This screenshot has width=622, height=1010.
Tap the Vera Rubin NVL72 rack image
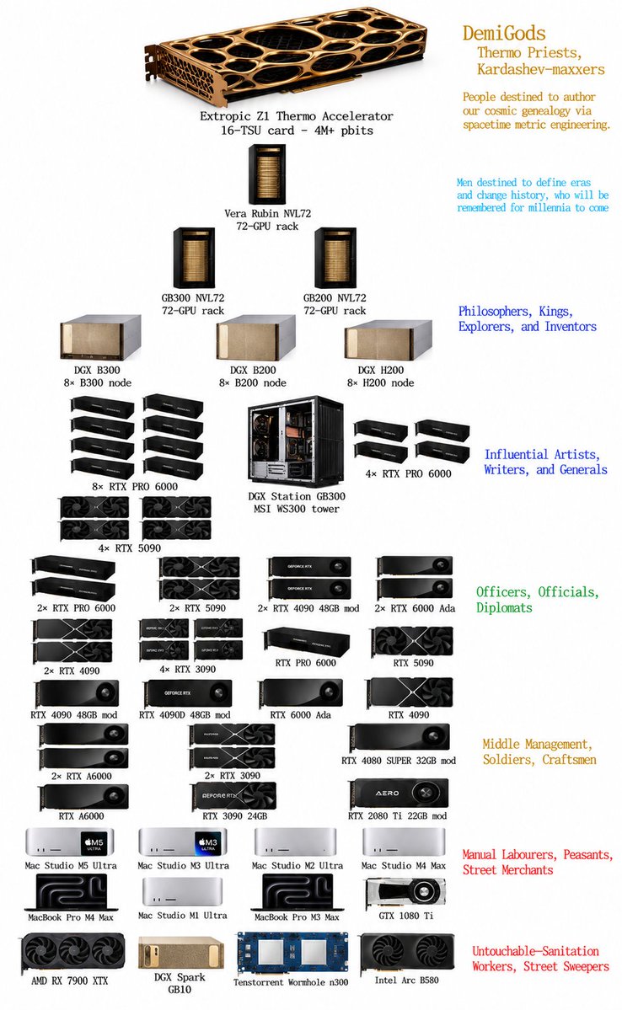[267, 174]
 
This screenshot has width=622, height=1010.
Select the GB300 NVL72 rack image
[193, 259]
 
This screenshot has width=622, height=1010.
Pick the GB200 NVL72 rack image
[335, 259]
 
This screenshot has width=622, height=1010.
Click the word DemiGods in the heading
[504, 33]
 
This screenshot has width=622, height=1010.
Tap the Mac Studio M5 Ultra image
[70, 842]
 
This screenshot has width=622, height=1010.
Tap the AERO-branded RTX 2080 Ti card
[398, 794]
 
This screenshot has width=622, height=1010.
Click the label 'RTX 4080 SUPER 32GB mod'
[399, 760]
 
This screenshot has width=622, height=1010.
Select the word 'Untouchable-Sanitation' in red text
[536, 951]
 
